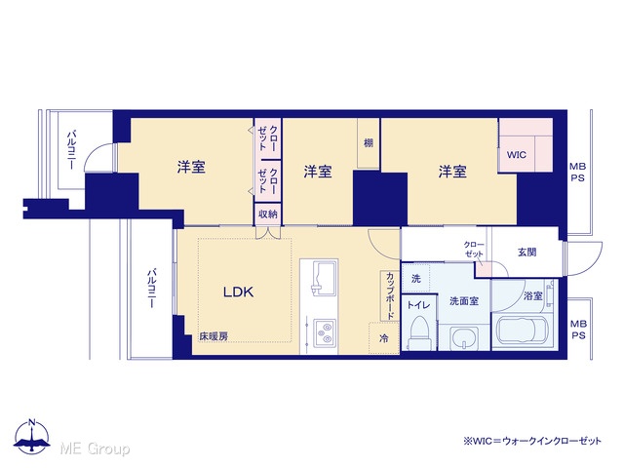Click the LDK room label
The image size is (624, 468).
pyautogui.click(x=238, y=292)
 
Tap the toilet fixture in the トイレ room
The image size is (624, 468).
pyautogui.click(x=419, y=332)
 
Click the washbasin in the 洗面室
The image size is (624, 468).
pyautogui.click(x=464, y=338)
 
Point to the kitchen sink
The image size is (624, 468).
pyautogui.click(x=325, y=278)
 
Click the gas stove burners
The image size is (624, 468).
pyautogui.click(x=324, y=332)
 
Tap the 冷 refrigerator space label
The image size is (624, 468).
pyautogui.click(x=384, y=338)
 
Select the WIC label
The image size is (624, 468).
pyautogui.click(x=517, y=155)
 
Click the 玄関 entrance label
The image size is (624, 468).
pyautogui.click(x=526, y=252)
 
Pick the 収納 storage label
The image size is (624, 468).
pyautogui.click(x=268, y=214)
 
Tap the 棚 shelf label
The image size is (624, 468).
pyautogui.click(x=369, y=143)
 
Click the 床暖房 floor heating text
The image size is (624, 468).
pyautogui.click(x=214, y=336)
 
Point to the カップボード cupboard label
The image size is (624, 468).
pyautogui.click(x=390, y=295)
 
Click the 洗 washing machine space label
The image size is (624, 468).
pyautogui.click(x=416, y=279)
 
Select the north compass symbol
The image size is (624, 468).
pyautogui.click(x=32, y=437)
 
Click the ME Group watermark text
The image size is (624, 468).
pyautogui.click(x=95, y=448)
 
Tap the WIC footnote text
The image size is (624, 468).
pyautogui.click(x=532, y=441)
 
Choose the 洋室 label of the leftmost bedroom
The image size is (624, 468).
pyautogui.click(x=191, y=167)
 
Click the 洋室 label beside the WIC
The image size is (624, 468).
pyautogui.click(x=452, y=172)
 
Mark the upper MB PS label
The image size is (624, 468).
pyautogui.click(x=577, y=172)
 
